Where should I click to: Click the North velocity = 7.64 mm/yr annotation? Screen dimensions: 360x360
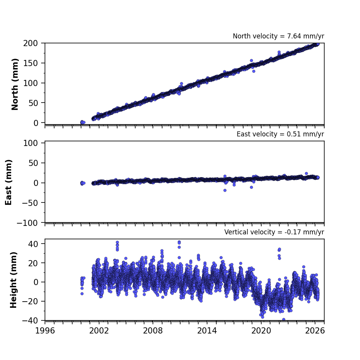coord(278,36)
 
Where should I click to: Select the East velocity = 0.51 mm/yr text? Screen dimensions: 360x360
coord(280,134)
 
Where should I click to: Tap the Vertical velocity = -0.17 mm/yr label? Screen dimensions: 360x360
coord(274,232)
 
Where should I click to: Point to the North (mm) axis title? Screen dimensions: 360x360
coord(15,84)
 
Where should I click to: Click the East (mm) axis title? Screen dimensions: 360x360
coord(8,182)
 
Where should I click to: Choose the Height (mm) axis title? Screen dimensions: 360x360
coord(13,280)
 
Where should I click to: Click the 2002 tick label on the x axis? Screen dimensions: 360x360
coord(99,331)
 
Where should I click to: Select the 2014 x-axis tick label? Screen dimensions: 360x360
coord(207,331)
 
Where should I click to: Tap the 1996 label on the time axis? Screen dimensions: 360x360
coord(45,331)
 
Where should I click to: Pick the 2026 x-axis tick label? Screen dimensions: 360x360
coord(315,331)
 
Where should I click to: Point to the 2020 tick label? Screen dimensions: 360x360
coord(261,331)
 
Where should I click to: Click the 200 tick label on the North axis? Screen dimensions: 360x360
coord(30,43)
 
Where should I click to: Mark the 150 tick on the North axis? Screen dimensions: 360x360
coord(30,63)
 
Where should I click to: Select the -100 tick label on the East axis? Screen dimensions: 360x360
coord(27,223)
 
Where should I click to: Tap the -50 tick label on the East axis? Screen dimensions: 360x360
coord(30,203)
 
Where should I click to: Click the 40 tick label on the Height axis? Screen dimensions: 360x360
coord(33,244)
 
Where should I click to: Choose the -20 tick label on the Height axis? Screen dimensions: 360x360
coord(30,301)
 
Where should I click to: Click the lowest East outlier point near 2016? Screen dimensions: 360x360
coord(225,190)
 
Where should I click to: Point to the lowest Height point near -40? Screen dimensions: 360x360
coord(284,319)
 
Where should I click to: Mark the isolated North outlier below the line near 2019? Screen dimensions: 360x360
coord(254,71)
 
